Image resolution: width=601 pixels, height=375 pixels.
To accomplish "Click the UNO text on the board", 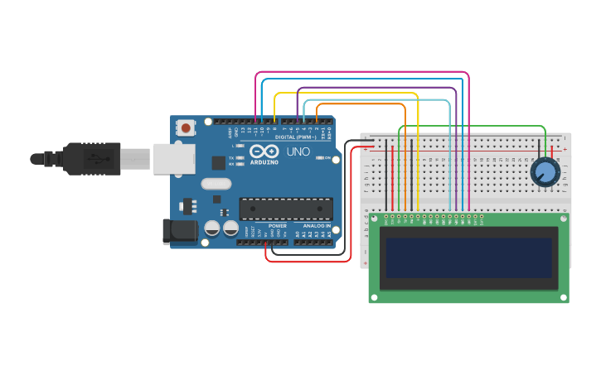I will click(x=298, y=152).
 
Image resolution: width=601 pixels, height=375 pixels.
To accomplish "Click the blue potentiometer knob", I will click(x=545, y=172).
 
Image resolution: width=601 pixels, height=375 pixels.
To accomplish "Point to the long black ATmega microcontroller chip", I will click(x=285, y=209).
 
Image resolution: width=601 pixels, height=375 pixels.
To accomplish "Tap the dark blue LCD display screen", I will click(x=468, y=258).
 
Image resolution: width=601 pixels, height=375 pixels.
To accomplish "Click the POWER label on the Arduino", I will click(x=277, y=225).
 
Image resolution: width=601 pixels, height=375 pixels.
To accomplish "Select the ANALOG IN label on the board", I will click(x=316, y=225).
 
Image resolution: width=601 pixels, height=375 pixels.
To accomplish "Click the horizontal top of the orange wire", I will click(x=361, y=104).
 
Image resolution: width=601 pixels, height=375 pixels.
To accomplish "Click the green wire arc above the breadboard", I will click(x=473, y=127).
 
